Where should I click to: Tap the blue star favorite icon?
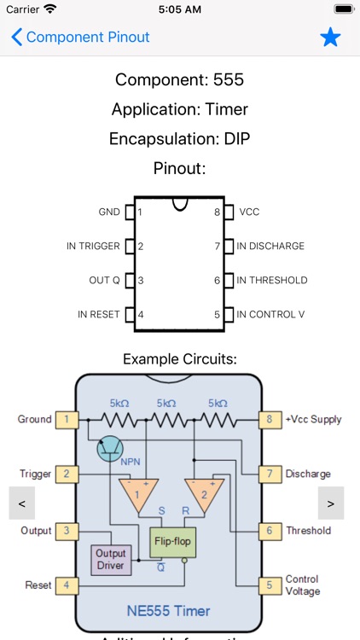[x=330, y=38]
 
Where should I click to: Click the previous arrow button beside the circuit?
[x=22, y=503]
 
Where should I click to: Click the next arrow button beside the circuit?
[x=330, y=503]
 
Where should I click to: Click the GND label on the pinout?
[x=109, y=212]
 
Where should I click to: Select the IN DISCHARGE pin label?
[x=270, y=246]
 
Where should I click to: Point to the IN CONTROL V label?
[x=270, y=314]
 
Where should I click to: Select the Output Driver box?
[x=111, y=559]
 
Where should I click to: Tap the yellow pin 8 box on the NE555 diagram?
[x=270, y=419]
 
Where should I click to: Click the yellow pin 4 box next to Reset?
[x=67, y=586]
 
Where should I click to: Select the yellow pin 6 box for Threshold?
[x=270, y=530]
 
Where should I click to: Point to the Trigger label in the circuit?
[x=36, y=474]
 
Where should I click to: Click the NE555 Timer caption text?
[x=168, y=611]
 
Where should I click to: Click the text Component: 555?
[x=179, y=80]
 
